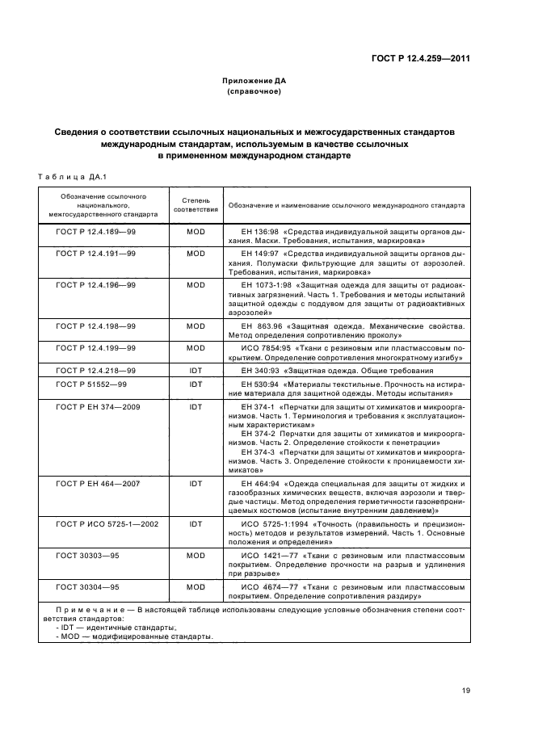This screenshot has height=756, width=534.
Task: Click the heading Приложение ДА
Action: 254,81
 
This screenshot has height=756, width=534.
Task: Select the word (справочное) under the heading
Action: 254,91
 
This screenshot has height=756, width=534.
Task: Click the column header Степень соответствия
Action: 196,205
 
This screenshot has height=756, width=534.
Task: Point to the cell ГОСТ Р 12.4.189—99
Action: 95,231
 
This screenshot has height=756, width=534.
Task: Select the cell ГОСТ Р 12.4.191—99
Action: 95,254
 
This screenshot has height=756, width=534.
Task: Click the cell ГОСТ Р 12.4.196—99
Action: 95,285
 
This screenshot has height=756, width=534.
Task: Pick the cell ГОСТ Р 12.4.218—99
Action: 95,371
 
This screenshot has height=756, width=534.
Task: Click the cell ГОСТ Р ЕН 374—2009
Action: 98,407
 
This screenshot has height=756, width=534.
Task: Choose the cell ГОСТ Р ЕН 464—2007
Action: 98,483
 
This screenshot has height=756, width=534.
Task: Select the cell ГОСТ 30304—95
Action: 87,587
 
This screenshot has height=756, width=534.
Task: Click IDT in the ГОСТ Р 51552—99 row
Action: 196,384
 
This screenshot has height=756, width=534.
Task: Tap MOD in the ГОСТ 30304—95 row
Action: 196,587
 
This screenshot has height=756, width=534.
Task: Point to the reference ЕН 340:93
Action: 259,371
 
